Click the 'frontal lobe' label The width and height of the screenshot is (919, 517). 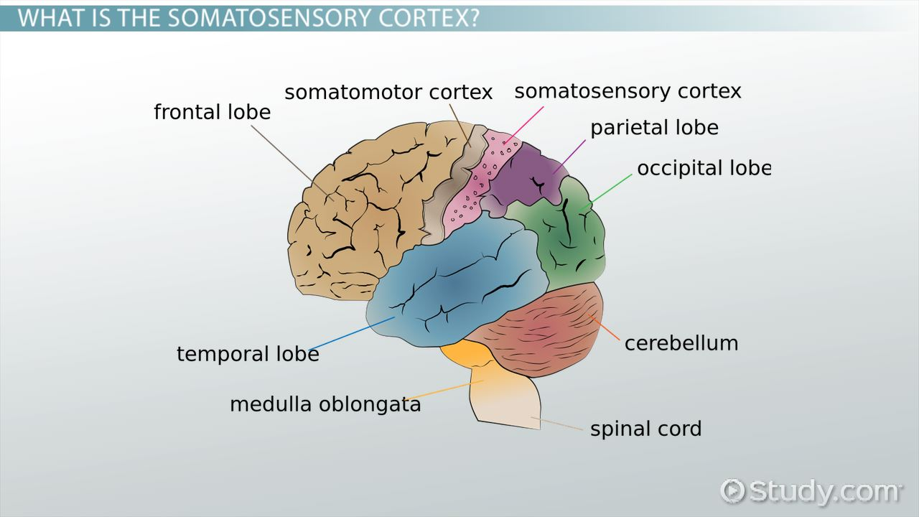pos(212,113)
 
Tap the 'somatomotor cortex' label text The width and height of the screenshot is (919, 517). pos(388,93)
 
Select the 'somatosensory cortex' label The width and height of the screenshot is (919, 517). pos(628,91)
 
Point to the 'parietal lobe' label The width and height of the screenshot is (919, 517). pos(654,128)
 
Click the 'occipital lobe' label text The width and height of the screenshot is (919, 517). pos(703,168)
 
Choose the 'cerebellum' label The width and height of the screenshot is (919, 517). pos(681,343)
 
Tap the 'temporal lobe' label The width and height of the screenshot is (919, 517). pos(248,354)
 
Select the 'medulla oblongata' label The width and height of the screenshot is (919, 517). pos(325,404)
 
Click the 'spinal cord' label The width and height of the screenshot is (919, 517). pos(645,429)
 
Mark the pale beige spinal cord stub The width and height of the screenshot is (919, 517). pos(506,402)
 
